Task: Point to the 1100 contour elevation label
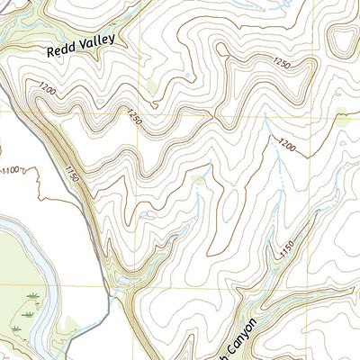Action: pos(13,170)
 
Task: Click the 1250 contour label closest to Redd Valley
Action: pos(133,117)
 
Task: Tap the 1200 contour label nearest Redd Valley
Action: pos(47,88)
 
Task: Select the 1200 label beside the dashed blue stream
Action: pos(287,145)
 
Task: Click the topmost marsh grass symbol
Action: pos(33,295)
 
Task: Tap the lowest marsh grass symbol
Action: pos(14,328)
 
